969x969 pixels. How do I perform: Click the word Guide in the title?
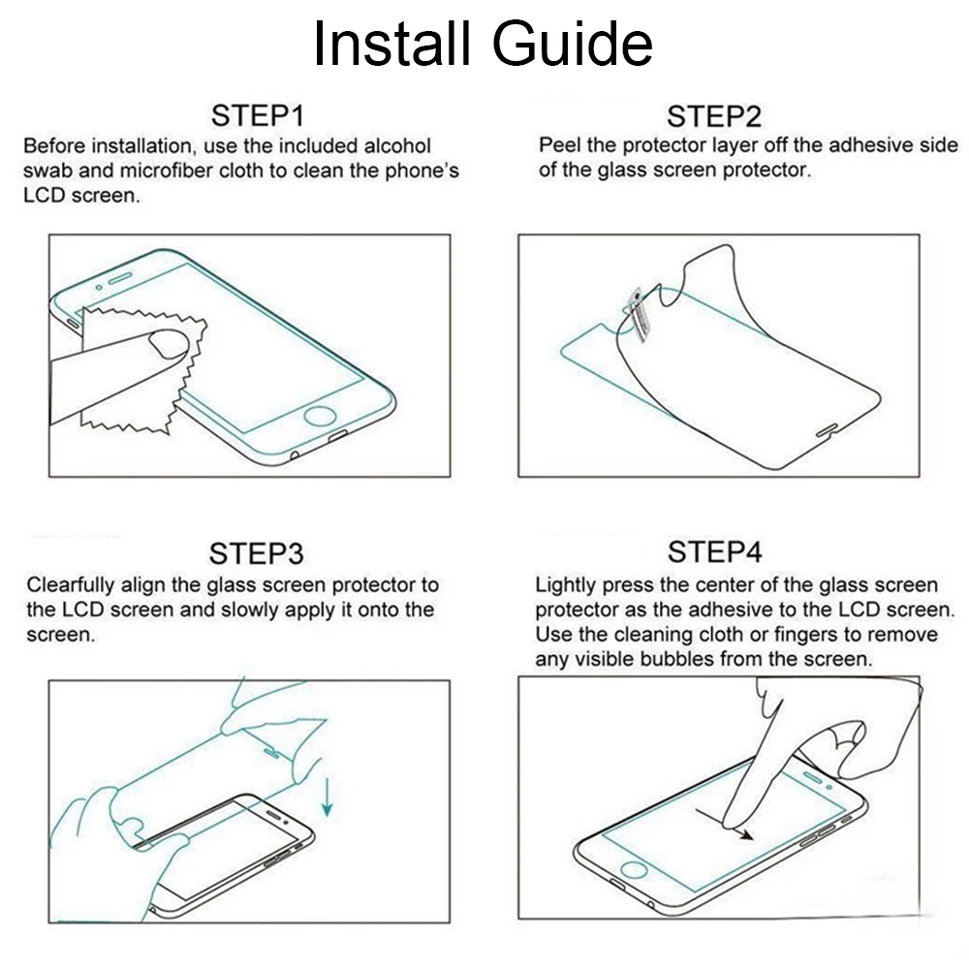(573, 44)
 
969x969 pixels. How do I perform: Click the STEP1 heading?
(257, 115)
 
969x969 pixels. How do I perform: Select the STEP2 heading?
(714, 116)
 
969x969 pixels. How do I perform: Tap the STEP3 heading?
(257, 553)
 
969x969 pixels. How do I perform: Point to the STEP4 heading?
(714, 551)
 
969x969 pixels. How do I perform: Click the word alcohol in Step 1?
(397, 146)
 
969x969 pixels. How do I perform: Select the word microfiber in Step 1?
(167, 171)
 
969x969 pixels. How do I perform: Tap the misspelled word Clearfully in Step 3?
(70, 585)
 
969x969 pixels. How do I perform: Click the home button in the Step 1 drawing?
(320, 416)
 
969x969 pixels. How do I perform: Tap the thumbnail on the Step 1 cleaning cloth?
(168, 344)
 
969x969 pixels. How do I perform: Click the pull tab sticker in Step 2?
(637, 314)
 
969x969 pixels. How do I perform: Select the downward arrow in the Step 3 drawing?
(327, 797)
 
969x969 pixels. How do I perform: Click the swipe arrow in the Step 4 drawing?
(724, 823)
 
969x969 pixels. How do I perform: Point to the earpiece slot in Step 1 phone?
(120, 277)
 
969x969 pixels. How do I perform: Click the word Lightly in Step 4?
(566, 585)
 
